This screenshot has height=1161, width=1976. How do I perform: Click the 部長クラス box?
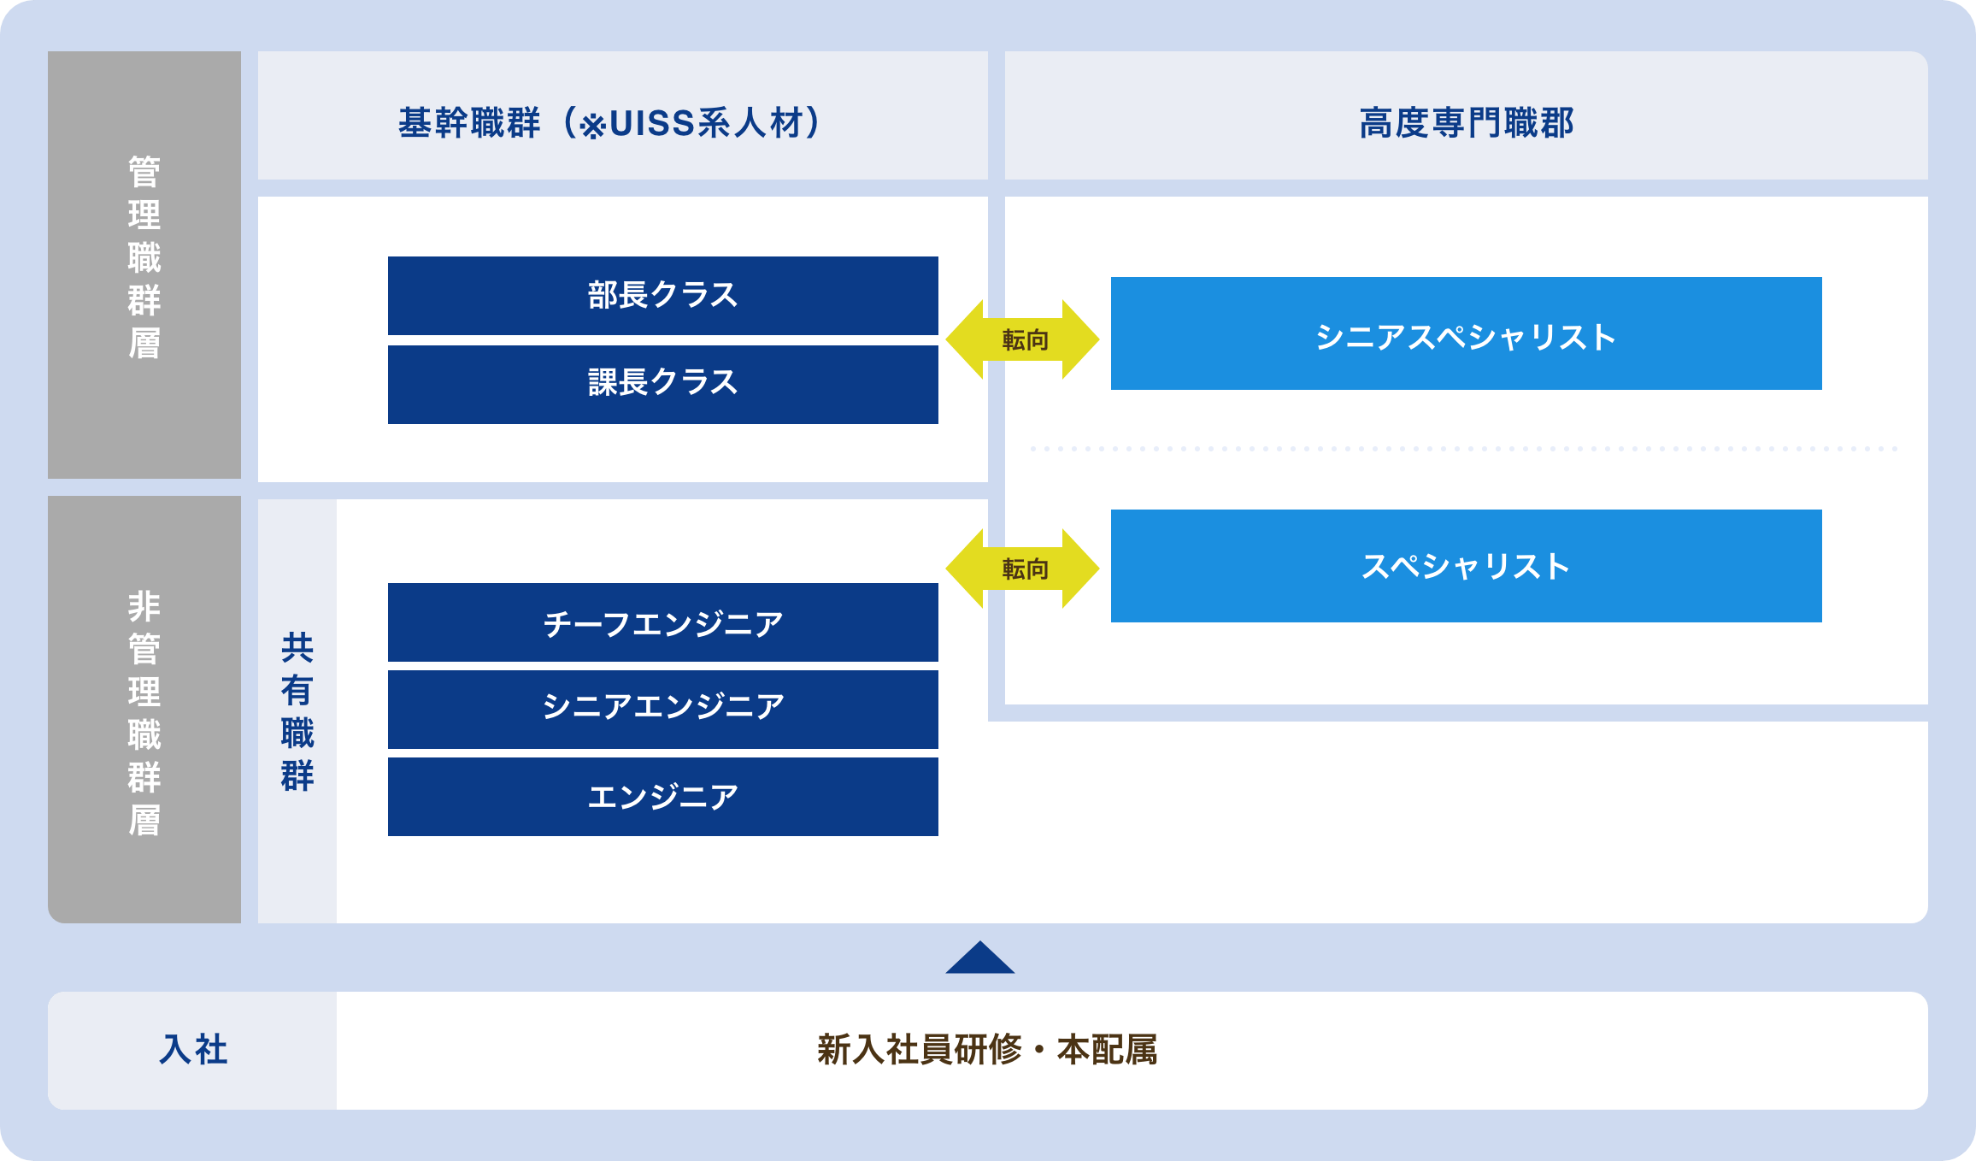662,296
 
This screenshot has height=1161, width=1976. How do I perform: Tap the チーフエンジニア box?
662,622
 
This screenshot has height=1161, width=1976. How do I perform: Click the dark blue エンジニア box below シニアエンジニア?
662,797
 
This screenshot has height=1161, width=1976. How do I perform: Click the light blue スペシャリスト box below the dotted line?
1466,566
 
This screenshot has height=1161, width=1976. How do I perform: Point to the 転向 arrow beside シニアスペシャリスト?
1023,339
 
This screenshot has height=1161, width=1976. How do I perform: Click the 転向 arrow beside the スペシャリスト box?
1023,569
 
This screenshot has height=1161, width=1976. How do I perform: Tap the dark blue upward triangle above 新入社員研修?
980,959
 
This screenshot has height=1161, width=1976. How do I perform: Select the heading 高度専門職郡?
1467,123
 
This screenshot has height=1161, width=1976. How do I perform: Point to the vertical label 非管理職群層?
144,713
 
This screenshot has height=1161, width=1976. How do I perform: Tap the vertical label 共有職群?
297,712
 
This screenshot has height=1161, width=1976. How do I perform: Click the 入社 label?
193,1050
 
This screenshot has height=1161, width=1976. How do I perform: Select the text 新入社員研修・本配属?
987,1050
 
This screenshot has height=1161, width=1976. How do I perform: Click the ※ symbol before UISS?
592,127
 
